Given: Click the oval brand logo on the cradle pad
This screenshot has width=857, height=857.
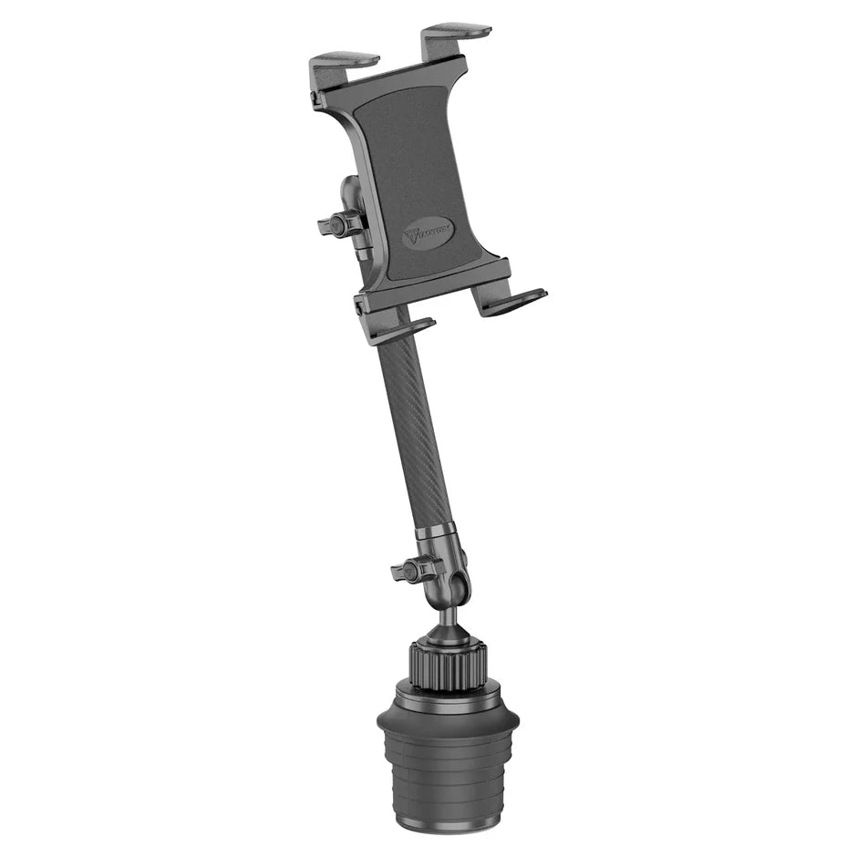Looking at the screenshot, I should tap(428, 234).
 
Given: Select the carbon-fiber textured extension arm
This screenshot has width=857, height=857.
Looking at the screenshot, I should tap(415, 428).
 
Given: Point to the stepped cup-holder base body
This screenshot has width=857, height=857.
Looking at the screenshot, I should tap(448, 775).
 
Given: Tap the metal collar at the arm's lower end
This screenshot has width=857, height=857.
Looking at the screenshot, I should tap(437, 536).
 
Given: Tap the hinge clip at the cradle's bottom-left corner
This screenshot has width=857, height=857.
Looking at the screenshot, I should tap(363, 307).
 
